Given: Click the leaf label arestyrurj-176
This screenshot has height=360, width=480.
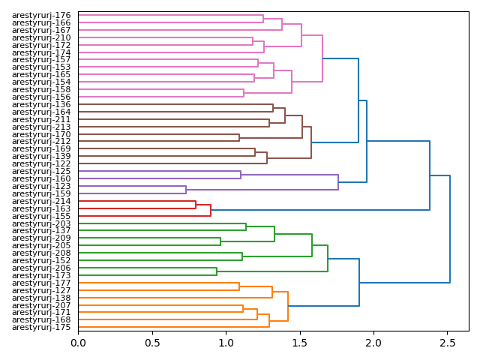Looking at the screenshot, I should pos(41,15).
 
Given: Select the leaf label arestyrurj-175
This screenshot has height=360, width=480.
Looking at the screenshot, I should pos(41,328).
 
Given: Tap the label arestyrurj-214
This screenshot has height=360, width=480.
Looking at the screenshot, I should pos(41,201).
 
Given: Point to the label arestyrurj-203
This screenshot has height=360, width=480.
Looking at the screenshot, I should pos(41,223).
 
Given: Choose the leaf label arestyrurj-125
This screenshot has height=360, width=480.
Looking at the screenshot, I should pos(41,172).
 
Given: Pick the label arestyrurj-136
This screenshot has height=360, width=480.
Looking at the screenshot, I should pos(41,104).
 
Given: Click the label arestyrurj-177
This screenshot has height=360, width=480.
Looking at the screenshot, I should pos(41,283).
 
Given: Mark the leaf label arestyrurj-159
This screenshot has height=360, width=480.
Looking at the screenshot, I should pos(41,193).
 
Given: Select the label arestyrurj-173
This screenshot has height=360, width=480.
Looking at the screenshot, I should pos(41,275).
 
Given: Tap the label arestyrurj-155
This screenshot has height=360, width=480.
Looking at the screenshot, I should pos(41,216).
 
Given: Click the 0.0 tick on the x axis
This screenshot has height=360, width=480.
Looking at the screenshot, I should pos(78,342).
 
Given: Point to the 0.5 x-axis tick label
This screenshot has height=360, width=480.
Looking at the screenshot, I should pos(152,342).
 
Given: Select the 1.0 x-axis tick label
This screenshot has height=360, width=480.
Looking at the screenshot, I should pos(226,342).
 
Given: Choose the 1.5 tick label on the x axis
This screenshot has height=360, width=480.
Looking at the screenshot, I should pos(299,342).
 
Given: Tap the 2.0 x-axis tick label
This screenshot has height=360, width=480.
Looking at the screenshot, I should pos(373,342).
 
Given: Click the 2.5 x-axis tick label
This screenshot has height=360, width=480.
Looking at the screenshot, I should pos(447,342).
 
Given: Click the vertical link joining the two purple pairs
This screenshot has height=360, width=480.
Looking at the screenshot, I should pos(338,182).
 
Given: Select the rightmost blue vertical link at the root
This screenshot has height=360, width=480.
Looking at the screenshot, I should pos(450,229).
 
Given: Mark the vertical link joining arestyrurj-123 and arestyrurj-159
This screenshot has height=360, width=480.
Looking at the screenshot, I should pos(186,190).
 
